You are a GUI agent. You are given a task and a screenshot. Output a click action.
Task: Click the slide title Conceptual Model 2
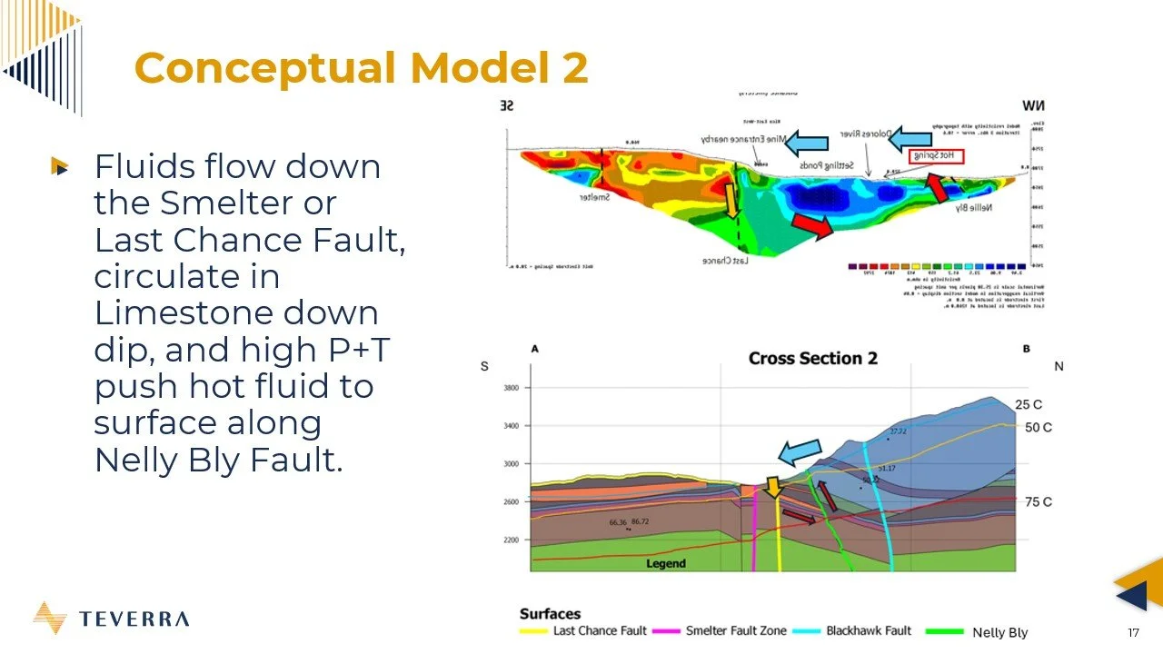[x=361, y=68]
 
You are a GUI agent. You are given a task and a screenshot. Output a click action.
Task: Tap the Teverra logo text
[x=134, y=619]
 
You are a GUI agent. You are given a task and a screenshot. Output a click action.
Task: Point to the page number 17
[x=1133, y=633]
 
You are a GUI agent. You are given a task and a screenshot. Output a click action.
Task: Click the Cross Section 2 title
[x=812, y=358]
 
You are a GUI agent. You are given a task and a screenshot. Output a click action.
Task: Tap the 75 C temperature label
[x=1038, y=502]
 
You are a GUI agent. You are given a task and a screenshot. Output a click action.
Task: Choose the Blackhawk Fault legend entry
[x=868, y=631]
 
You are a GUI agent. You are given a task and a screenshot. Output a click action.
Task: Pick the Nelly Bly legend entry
[x=999, y=632]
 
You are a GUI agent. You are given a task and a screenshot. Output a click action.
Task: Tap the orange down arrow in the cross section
[x=772, y=487]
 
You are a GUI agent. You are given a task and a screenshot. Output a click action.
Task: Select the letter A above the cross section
[x=534, y=349]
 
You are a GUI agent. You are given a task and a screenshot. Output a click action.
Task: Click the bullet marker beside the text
[x=60, y=166]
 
